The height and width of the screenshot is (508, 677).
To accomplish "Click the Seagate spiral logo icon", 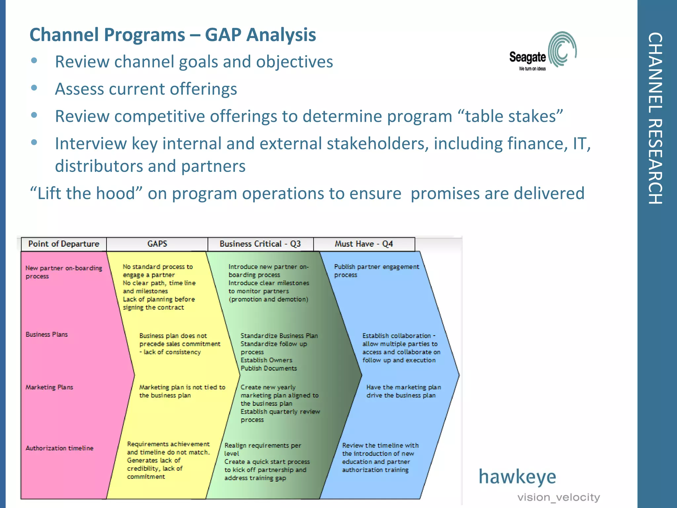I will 562,50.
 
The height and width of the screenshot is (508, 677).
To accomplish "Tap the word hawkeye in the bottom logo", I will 517,477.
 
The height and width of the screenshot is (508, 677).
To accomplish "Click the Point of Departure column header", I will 64,244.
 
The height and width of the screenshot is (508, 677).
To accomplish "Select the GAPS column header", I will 157,244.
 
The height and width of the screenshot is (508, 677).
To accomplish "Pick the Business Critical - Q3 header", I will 260,244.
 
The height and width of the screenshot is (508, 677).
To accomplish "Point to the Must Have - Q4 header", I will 364,244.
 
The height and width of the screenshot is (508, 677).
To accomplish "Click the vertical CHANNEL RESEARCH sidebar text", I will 655,118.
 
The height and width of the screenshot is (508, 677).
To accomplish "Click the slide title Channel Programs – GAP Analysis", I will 173,35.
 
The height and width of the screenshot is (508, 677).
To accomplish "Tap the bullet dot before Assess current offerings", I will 34,88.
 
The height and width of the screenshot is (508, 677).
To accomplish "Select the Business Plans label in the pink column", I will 47,334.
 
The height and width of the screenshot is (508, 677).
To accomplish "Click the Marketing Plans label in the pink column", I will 49,387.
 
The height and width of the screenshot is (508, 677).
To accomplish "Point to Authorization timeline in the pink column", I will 60,448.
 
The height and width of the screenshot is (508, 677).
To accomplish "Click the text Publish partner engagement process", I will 376,271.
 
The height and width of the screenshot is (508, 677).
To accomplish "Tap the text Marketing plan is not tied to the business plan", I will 182,391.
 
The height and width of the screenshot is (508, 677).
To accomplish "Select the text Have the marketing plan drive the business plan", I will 403,391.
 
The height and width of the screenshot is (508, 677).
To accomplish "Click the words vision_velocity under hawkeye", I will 558,497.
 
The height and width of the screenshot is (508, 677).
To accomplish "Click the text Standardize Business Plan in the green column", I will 279,336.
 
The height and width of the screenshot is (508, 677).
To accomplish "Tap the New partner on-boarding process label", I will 63,272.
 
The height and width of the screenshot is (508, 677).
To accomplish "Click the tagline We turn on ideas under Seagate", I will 532,69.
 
